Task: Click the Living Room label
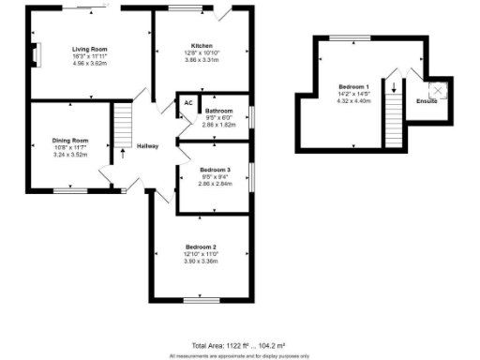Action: pos(91,49)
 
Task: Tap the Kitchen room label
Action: pos(202,46)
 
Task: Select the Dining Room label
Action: pos(69,141)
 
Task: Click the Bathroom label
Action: pos(218,111)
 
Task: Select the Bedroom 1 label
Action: pos(353,86)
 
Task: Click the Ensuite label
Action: pos(427,100)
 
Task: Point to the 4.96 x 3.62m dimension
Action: pos(91,64)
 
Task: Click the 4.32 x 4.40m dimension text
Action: pos(353,100)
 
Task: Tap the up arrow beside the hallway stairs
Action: pos(122,151)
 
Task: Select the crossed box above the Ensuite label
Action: pos(436,90)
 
